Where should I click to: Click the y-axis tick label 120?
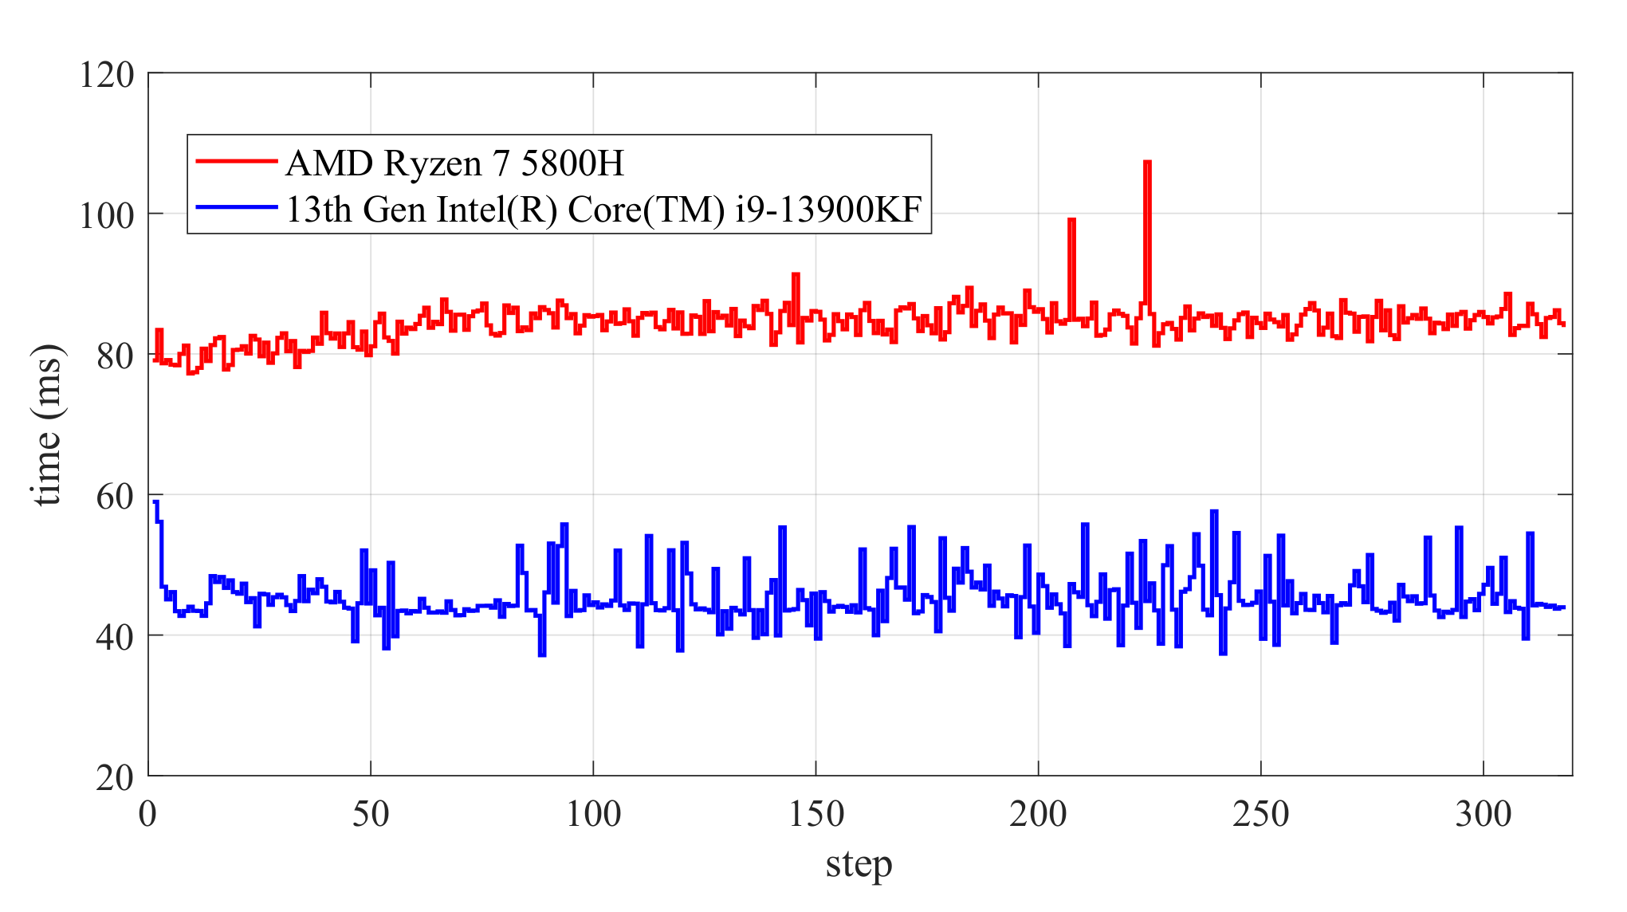point(107,76)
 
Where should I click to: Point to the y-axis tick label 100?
point(107,216)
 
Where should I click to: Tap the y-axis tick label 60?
point(115,497)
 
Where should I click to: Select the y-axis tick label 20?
point(115,778)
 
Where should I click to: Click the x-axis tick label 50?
point(371,815)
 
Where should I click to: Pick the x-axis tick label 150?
point(815,815)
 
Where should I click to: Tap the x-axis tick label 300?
point(1483,815)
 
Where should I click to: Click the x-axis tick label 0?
point(147,815)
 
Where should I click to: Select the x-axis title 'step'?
point(859,864)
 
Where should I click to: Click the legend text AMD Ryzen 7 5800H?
point(454,163)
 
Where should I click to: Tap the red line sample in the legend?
point(237,161)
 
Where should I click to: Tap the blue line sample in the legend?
point(237,207)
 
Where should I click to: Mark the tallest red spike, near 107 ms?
point(1147,163)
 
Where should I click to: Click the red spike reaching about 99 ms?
point(1071,220)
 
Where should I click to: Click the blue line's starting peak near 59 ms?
point(156,502)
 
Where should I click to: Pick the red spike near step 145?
point(796,275)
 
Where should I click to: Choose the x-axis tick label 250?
point(1260,815)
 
